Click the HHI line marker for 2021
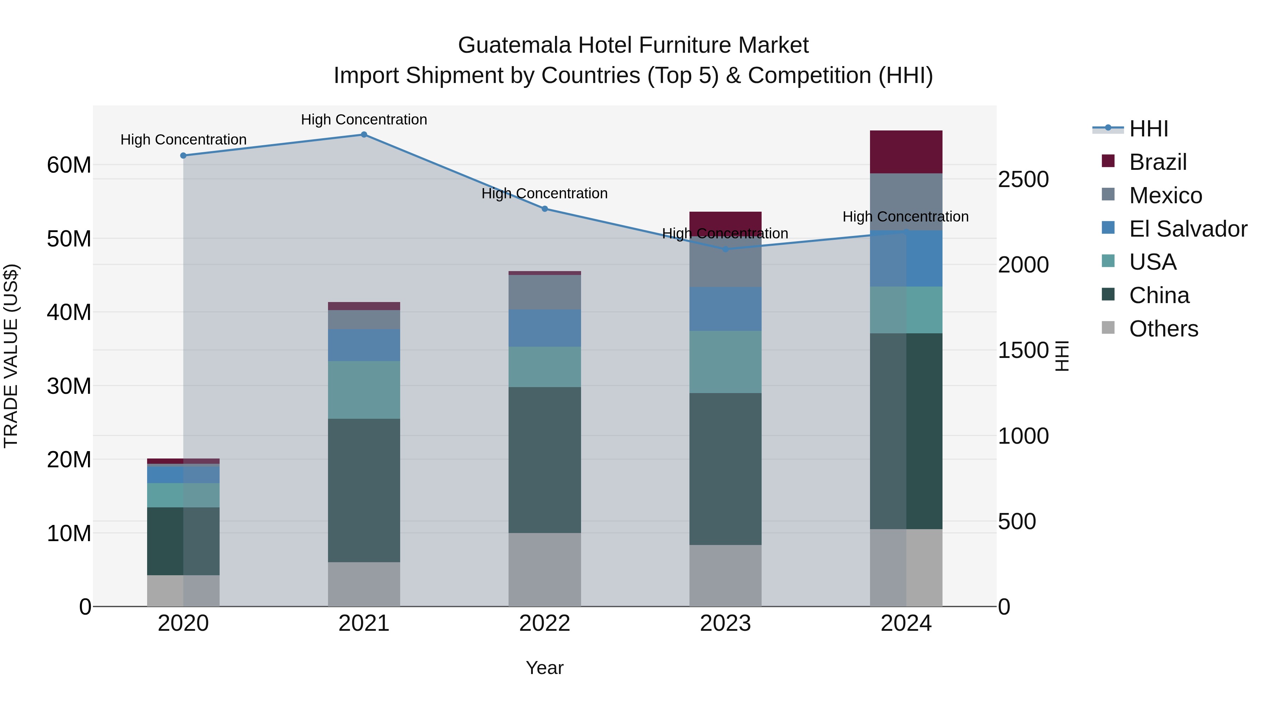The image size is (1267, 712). [364, 135]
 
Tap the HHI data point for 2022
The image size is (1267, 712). [544, 209]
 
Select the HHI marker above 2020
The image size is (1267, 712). [183, 156]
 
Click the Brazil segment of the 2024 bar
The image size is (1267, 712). [906, 152]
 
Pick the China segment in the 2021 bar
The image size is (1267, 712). [364, 490]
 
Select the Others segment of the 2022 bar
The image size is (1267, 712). [544, 570]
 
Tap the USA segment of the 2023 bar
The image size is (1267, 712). [725, 362]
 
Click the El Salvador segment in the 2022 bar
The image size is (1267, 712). [544, 328]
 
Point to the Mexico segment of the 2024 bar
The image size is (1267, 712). [906, 202]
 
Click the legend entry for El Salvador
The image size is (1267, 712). [1188, 229]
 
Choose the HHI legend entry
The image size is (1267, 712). [1148, 129]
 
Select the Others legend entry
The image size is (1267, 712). [1163, 329]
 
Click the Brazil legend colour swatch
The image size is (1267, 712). [1108, 161]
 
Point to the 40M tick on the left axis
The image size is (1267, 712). [69, 313]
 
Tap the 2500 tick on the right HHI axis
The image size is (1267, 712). [1023, 179]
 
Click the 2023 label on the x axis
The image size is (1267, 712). [725, 623]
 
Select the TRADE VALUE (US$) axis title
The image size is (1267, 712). [11, 356]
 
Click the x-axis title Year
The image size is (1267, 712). [544, 668]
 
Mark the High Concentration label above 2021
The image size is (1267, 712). [364, 120]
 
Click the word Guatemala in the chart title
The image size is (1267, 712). [515, 45]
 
